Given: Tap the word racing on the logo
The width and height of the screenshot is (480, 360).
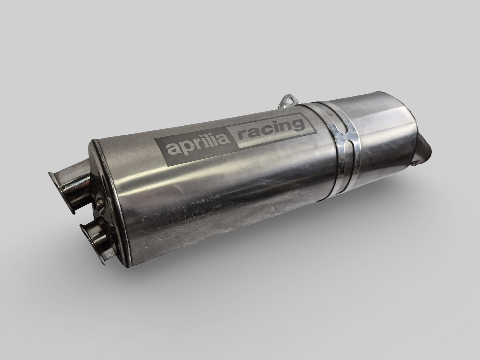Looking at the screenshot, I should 270,129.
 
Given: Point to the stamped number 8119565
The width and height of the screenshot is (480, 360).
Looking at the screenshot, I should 212,207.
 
